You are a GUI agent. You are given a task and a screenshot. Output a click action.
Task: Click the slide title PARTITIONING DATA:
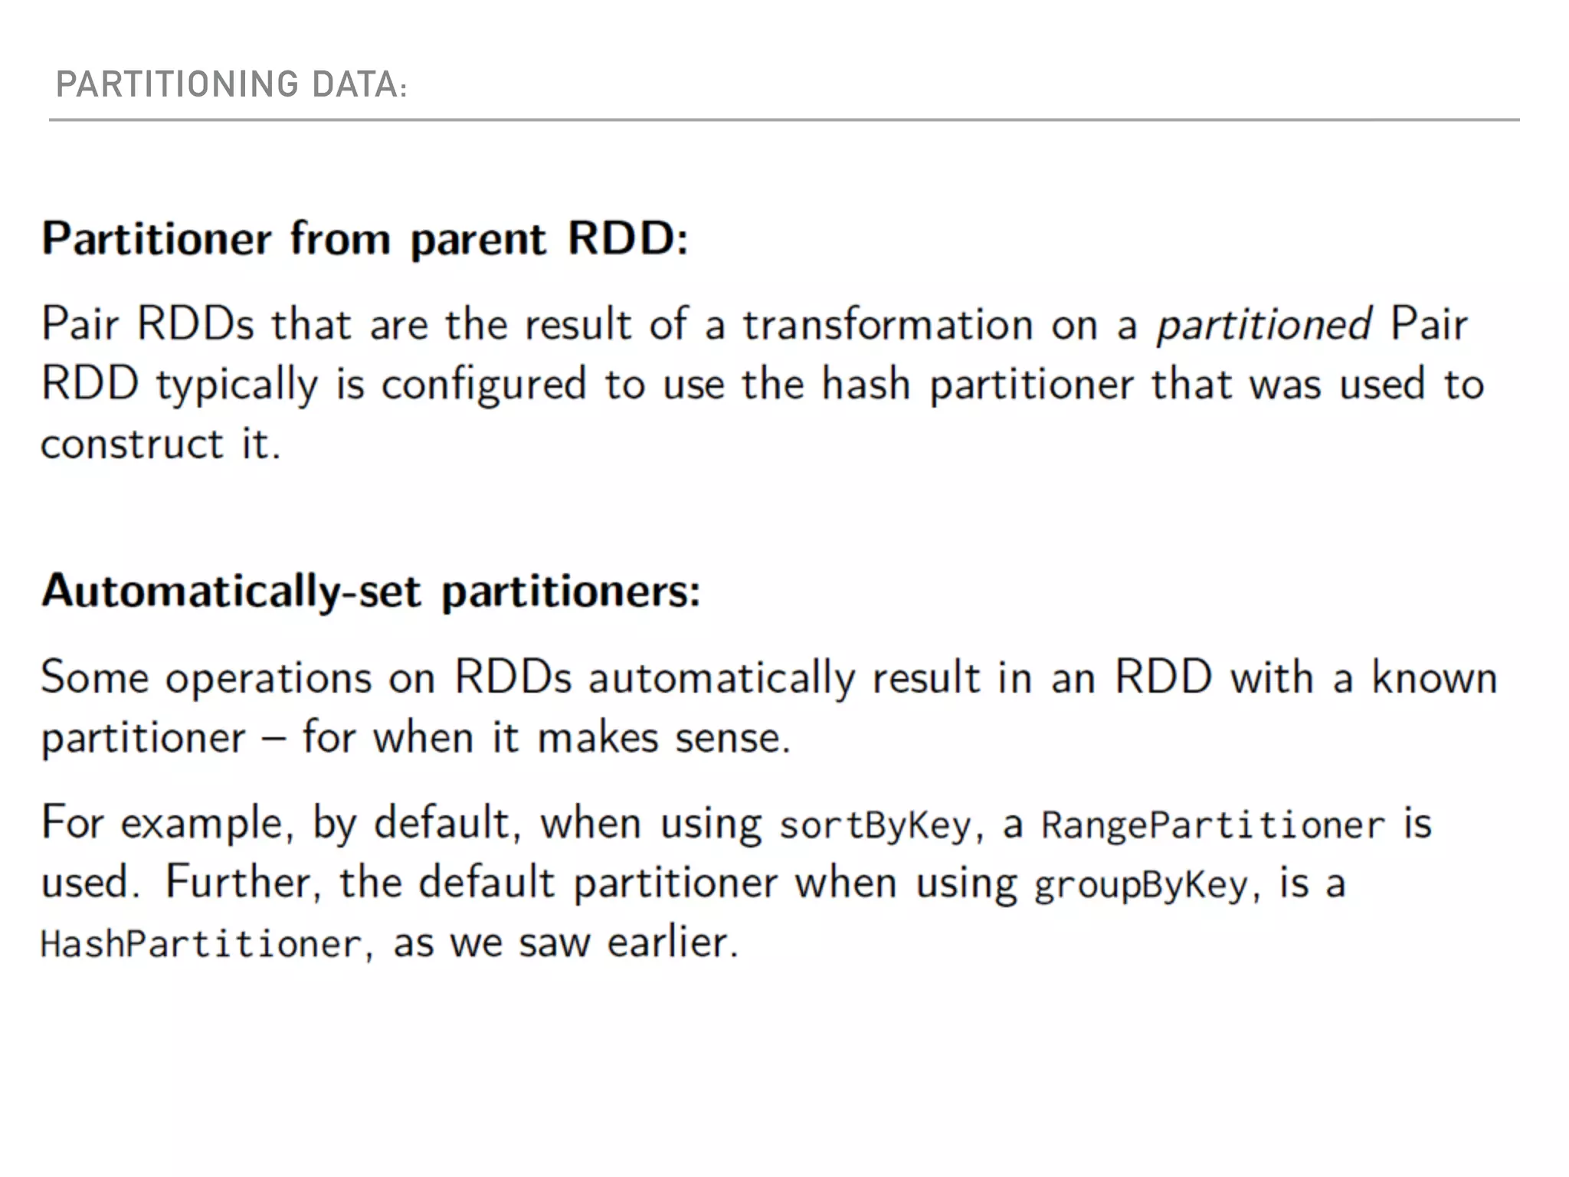tap(231, 84)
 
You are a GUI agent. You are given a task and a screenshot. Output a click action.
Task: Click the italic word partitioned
tap(1263, 324)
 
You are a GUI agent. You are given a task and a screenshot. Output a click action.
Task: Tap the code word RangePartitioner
tap(1213, 825)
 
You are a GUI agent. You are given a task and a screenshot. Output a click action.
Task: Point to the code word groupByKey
tap(1142, 885)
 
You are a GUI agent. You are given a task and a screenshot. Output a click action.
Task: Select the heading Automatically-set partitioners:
tap(371, 592)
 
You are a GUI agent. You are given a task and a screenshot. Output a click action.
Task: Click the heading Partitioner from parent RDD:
tap(365, 238)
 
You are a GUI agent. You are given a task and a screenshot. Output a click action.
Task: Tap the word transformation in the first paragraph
tap(888, 324)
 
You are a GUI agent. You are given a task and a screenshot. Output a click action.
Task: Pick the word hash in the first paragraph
tap(866, 384)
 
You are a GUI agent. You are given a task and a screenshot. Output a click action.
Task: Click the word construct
tap(132, 444)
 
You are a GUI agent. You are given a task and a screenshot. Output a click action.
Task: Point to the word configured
tap(483, 384)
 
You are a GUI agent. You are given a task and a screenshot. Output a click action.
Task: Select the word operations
tap(268, 679)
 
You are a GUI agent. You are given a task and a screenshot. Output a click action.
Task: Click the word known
tap(1434, 678)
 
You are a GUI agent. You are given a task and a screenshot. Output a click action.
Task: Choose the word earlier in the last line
tap(672, 943)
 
